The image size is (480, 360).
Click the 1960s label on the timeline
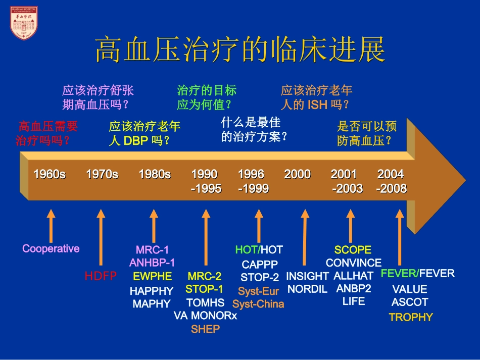(50, 175)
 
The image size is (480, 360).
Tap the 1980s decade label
(155, 175)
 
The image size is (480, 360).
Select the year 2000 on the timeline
(297, 175)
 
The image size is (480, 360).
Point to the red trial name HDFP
(101, 276)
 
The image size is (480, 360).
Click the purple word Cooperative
(51, 248)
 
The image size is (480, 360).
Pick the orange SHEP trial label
(205, 329)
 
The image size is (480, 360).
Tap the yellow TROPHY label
(411, 318)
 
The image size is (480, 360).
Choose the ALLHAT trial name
(353, 276)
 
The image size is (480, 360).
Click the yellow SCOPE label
(353, 250)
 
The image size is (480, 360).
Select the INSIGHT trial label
(307, 276)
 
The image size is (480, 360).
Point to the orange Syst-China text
(258, 304)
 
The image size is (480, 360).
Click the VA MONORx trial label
(205, 316)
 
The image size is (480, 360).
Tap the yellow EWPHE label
(152, 276)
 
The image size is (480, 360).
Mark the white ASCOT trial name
(410, 302)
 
